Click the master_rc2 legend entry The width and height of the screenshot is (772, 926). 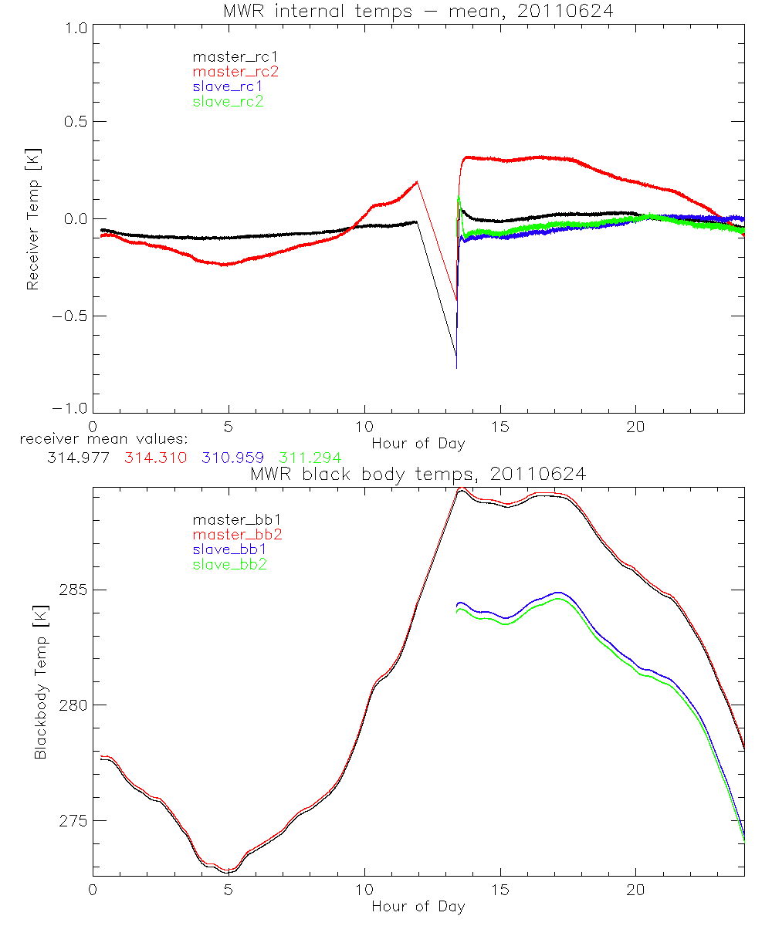[x=235, y=71]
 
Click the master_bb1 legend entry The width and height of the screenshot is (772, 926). [x=235, y=519]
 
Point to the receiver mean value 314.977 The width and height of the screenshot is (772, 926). [x=77, y=458]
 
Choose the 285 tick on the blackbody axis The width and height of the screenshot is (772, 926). [x=72, y=590]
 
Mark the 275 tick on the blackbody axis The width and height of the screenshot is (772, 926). [x=72, y=820]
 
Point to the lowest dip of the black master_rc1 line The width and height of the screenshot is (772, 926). [x=456, y=368]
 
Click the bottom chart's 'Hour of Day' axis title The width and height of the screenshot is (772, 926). [x=418, y=907]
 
